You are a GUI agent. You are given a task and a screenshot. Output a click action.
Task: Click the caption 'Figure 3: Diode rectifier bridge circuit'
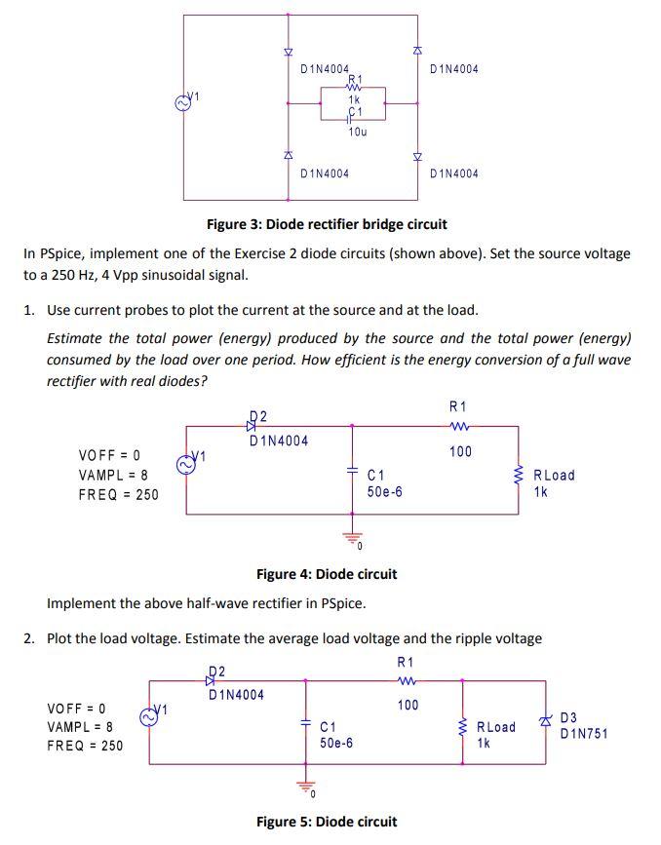[327, 224]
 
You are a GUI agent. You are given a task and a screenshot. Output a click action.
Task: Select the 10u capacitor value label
[357, 131]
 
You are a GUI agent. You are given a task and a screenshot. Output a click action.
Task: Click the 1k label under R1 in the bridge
[355, 99]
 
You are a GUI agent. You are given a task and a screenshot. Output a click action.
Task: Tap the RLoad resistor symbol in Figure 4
[518, 476]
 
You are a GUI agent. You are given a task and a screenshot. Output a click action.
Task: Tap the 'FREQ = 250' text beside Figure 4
[118, 494]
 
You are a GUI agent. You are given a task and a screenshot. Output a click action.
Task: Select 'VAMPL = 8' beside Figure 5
[83, 727]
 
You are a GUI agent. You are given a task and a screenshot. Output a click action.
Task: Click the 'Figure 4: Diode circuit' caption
[326, 574]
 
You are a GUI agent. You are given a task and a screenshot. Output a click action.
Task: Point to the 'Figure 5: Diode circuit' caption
[326, 822]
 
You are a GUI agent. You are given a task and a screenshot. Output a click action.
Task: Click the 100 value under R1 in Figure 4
[460, 451]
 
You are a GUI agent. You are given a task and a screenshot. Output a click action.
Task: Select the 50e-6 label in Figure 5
[336, 743]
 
